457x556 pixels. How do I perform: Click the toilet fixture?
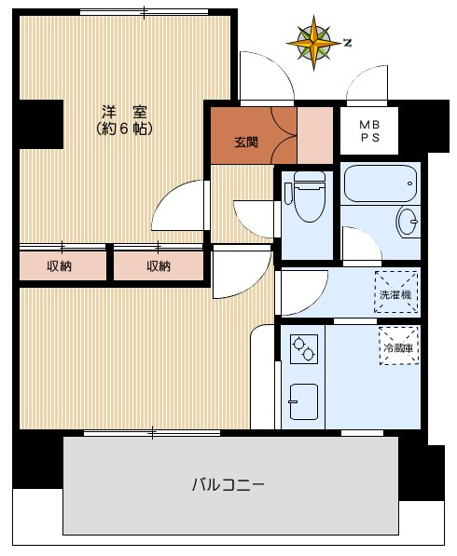[304, 197]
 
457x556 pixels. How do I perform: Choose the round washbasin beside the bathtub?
[409, 223]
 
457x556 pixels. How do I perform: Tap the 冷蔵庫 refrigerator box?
[398, 346]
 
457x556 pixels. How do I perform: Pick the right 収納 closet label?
[159, 266]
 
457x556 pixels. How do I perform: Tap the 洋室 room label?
[124, 109]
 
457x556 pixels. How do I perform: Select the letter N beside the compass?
[347, 42]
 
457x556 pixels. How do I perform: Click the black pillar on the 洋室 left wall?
[39, 121]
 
